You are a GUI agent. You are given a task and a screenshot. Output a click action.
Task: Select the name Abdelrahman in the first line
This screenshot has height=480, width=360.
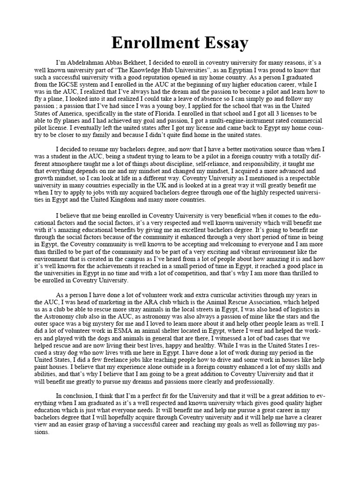coord(88,62)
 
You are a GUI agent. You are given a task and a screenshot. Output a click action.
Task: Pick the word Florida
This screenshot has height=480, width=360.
coord(173,113)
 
